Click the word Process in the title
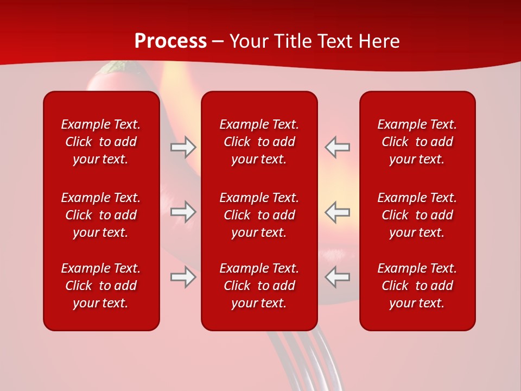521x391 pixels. [170, 41]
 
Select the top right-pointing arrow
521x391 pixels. [183, 147]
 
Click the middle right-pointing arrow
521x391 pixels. [183, 212]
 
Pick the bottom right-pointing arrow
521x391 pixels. [183, 277]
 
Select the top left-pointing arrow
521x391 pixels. [337, 147]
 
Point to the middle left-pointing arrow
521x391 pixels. [337, 212]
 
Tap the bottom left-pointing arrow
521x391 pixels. [337, 277]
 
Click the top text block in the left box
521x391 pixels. [101, 142]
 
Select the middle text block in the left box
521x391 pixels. [101, 215]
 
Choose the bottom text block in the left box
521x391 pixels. [101, 286]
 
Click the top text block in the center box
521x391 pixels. [259, 142]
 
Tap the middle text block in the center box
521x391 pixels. [259, 215]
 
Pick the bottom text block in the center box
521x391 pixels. [259, 286]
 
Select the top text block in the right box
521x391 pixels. [417, 142]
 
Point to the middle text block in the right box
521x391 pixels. [417, 215]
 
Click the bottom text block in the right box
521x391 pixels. [417, 286]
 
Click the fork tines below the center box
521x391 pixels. [304, 358]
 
